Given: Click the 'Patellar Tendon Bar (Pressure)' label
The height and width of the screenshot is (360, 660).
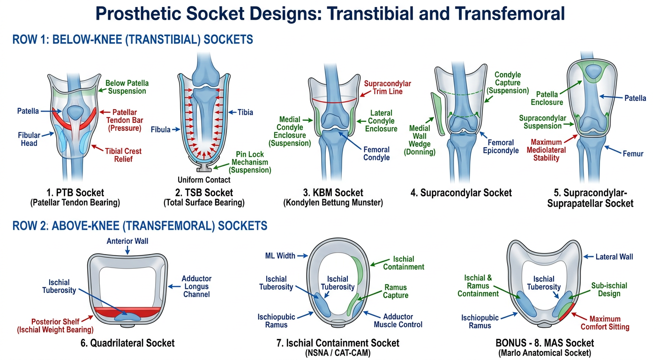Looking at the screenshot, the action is click(125, 120).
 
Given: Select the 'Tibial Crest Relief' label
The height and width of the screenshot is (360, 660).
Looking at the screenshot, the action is click(123, 155).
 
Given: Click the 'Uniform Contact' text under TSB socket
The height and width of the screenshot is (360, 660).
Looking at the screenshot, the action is click(204, 180).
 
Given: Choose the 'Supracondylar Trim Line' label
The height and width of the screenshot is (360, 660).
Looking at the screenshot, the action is click(388, 88).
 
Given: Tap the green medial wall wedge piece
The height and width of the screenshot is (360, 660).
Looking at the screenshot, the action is click(437, 114).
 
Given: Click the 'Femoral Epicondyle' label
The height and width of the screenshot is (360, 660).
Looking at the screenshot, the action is click(501, 146).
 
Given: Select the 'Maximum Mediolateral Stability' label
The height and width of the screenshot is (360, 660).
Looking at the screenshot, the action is click(546, 150).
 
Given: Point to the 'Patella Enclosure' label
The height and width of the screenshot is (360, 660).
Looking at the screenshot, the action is click(547, 98).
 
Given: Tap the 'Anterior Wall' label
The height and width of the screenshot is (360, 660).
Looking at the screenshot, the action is click(127, 241).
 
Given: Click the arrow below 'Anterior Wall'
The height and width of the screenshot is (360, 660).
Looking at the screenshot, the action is click(127, 250).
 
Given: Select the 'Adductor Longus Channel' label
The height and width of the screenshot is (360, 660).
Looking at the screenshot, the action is click(196, 286).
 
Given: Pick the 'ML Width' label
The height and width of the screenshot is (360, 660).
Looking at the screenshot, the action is click(280, 256).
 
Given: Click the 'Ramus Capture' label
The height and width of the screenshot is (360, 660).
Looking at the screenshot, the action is click(396, 292).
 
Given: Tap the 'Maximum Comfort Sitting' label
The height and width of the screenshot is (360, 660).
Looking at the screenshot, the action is click(605, 323).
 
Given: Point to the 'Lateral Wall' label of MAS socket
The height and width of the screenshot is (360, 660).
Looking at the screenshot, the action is click(614, 257).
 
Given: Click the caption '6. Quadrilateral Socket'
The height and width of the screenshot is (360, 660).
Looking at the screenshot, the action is click(127, 343).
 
